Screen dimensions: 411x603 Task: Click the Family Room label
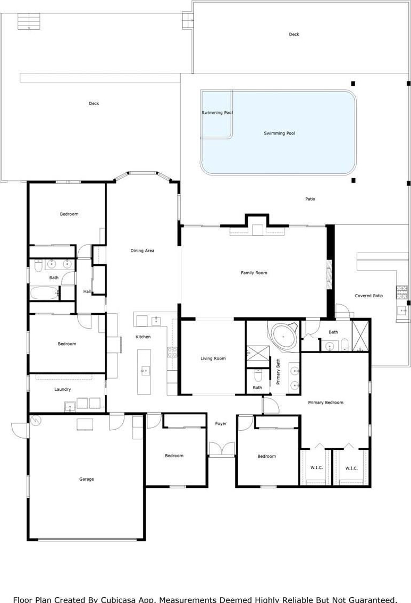click(254, 273)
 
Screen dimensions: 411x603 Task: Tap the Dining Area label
click(142, 251)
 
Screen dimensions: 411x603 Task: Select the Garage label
click(87, 479)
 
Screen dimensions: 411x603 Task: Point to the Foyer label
click(221, 424)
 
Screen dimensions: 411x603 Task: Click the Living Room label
click(213, 358)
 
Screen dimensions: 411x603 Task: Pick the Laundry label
click(63, 390)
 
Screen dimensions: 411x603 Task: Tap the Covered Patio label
click(368, 296)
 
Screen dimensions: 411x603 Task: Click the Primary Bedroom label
click(325, 403)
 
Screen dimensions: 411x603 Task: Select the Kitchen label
click(143, 337)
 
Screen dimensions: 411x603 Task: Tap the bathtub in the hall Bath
click(45, 292)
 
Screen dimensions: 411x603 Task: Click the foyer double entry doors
click(222, 449)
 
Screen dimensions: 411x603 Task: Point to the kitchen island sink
click(145, 371)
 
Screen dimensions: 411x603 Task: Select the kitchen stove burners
click(172, 352)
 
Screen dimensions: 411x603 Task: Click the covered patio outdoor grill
click(402, 292)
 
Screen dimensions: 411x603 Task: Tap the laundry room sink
click(70, 406)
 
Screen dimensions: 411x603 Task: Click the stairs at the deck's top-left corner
click(29, 21)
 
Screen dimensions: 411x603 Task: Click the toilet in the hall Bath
click(38, 265)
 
